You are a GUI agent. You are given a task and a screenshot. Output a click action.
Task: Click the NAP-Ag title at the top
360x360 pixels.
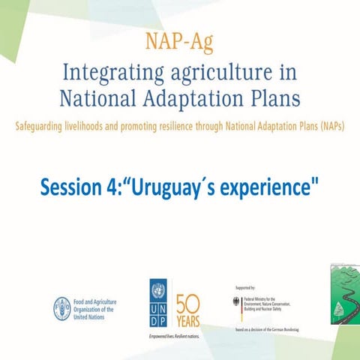pos(179,43)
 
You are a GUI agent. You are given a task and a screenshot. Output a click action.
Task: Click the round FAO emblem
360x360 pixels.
pos(61,307)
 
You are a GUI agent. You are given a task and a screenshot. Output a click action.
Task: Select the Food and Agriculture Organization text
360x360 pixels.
pos(98,308)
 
